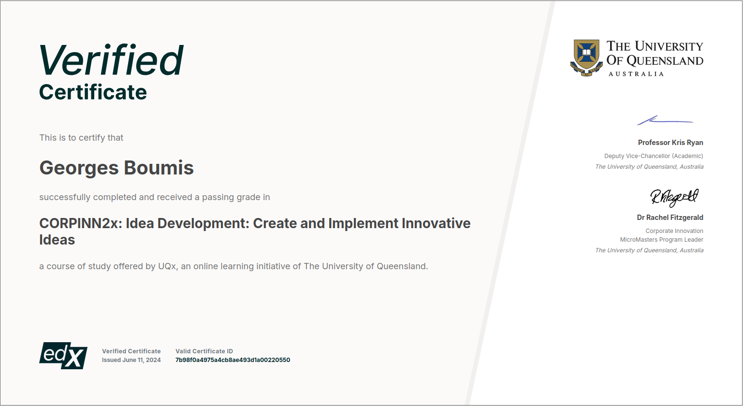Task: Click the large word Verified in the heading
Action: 111,60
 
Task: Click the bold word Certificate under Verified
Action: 93,92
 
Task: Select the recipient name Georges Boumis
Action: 117,168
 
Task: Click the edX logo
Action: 63,356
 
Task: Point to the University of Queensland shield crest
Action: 586,58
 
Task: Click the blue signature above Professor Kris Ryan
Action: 665,120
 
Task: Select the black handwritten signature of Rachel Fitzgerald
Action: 674,197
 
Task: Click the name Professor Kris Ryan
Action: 670,143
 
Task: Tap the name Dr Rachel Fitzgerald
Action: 670,217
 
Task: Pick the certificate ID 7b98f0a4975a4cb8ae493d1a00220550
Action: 233,360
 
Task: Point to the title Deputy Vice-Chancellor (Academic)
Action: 654,156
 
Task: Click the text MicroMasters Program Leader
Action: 661,240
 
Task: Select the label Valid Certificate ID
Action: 204,351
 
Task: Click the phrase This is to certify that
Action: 81,138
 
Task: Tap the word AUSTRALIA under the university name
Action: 636,74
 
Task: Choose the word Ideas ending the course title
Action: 57,240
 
